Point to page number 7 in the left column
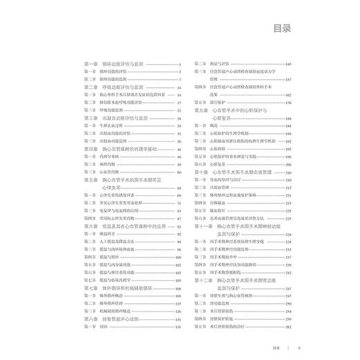pyautogui.click(x=179, y=80)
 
